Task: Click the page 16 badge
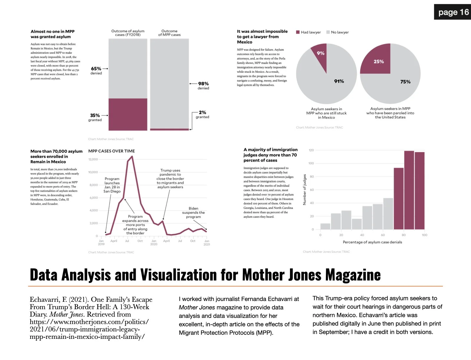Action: (x=453, y=12)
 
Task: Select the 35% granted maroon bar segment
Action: (x=128, y=114)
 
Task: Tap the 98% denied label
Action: (x=203, y=86)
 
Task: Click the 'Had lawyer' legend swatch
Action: (x=298, y=32)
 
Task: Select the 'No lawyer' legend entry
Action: (x=337, y=32)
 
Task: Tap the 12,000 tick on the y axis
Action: (x=93, y=159)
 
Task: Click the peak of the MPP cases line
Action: (x=132, y=156)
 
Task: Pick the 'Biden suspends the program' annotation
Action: (x=193, y=213)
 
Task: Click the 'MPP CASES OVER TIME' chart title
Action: (x=112, y=151)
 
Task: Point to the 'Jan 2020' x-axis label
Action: (x=154, y=242)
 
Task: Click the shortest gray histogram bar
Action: (x=325, y=226)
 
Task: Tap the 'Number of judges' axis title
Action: (x=305, y=189)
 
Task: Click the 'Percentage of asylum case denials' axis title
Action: (x=372, y=242)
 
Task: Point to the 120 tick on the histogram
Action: (x=311, y=150)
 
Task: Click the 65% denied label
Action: (x=96, y=71)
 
